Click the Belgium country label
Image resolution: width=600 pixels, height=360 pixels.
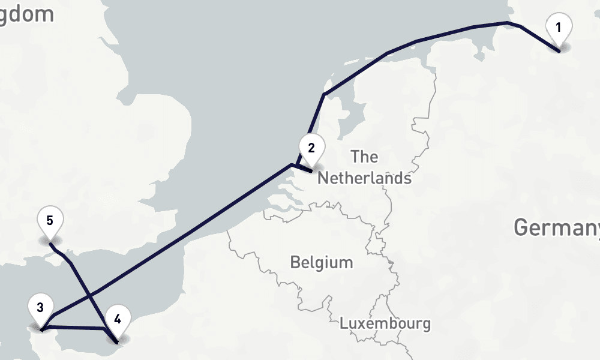click(321, 262)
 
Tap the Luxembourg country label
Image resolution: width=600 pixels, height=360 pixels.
click(385, 323)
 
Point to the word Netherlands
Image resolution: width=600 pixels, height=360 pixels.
click(364, 178)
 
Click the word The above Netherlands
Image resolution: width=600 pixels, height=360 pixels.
click(364, 157)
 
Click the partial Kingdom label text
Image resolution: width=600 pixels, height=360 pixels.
click(27, 14)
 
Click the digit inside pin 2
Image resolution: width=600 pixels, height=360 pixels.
click(311, 148)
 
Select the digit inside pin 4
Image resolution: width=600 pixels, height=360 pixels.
click(118, 319)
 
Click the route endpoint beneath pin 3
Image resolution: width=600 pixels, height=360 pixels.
click(41, 329)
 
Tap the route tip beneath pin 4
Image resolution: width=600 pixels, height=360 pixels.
click(116, 342)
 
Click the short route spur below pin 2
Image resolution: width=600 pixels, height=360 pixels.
click(304, 169)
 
